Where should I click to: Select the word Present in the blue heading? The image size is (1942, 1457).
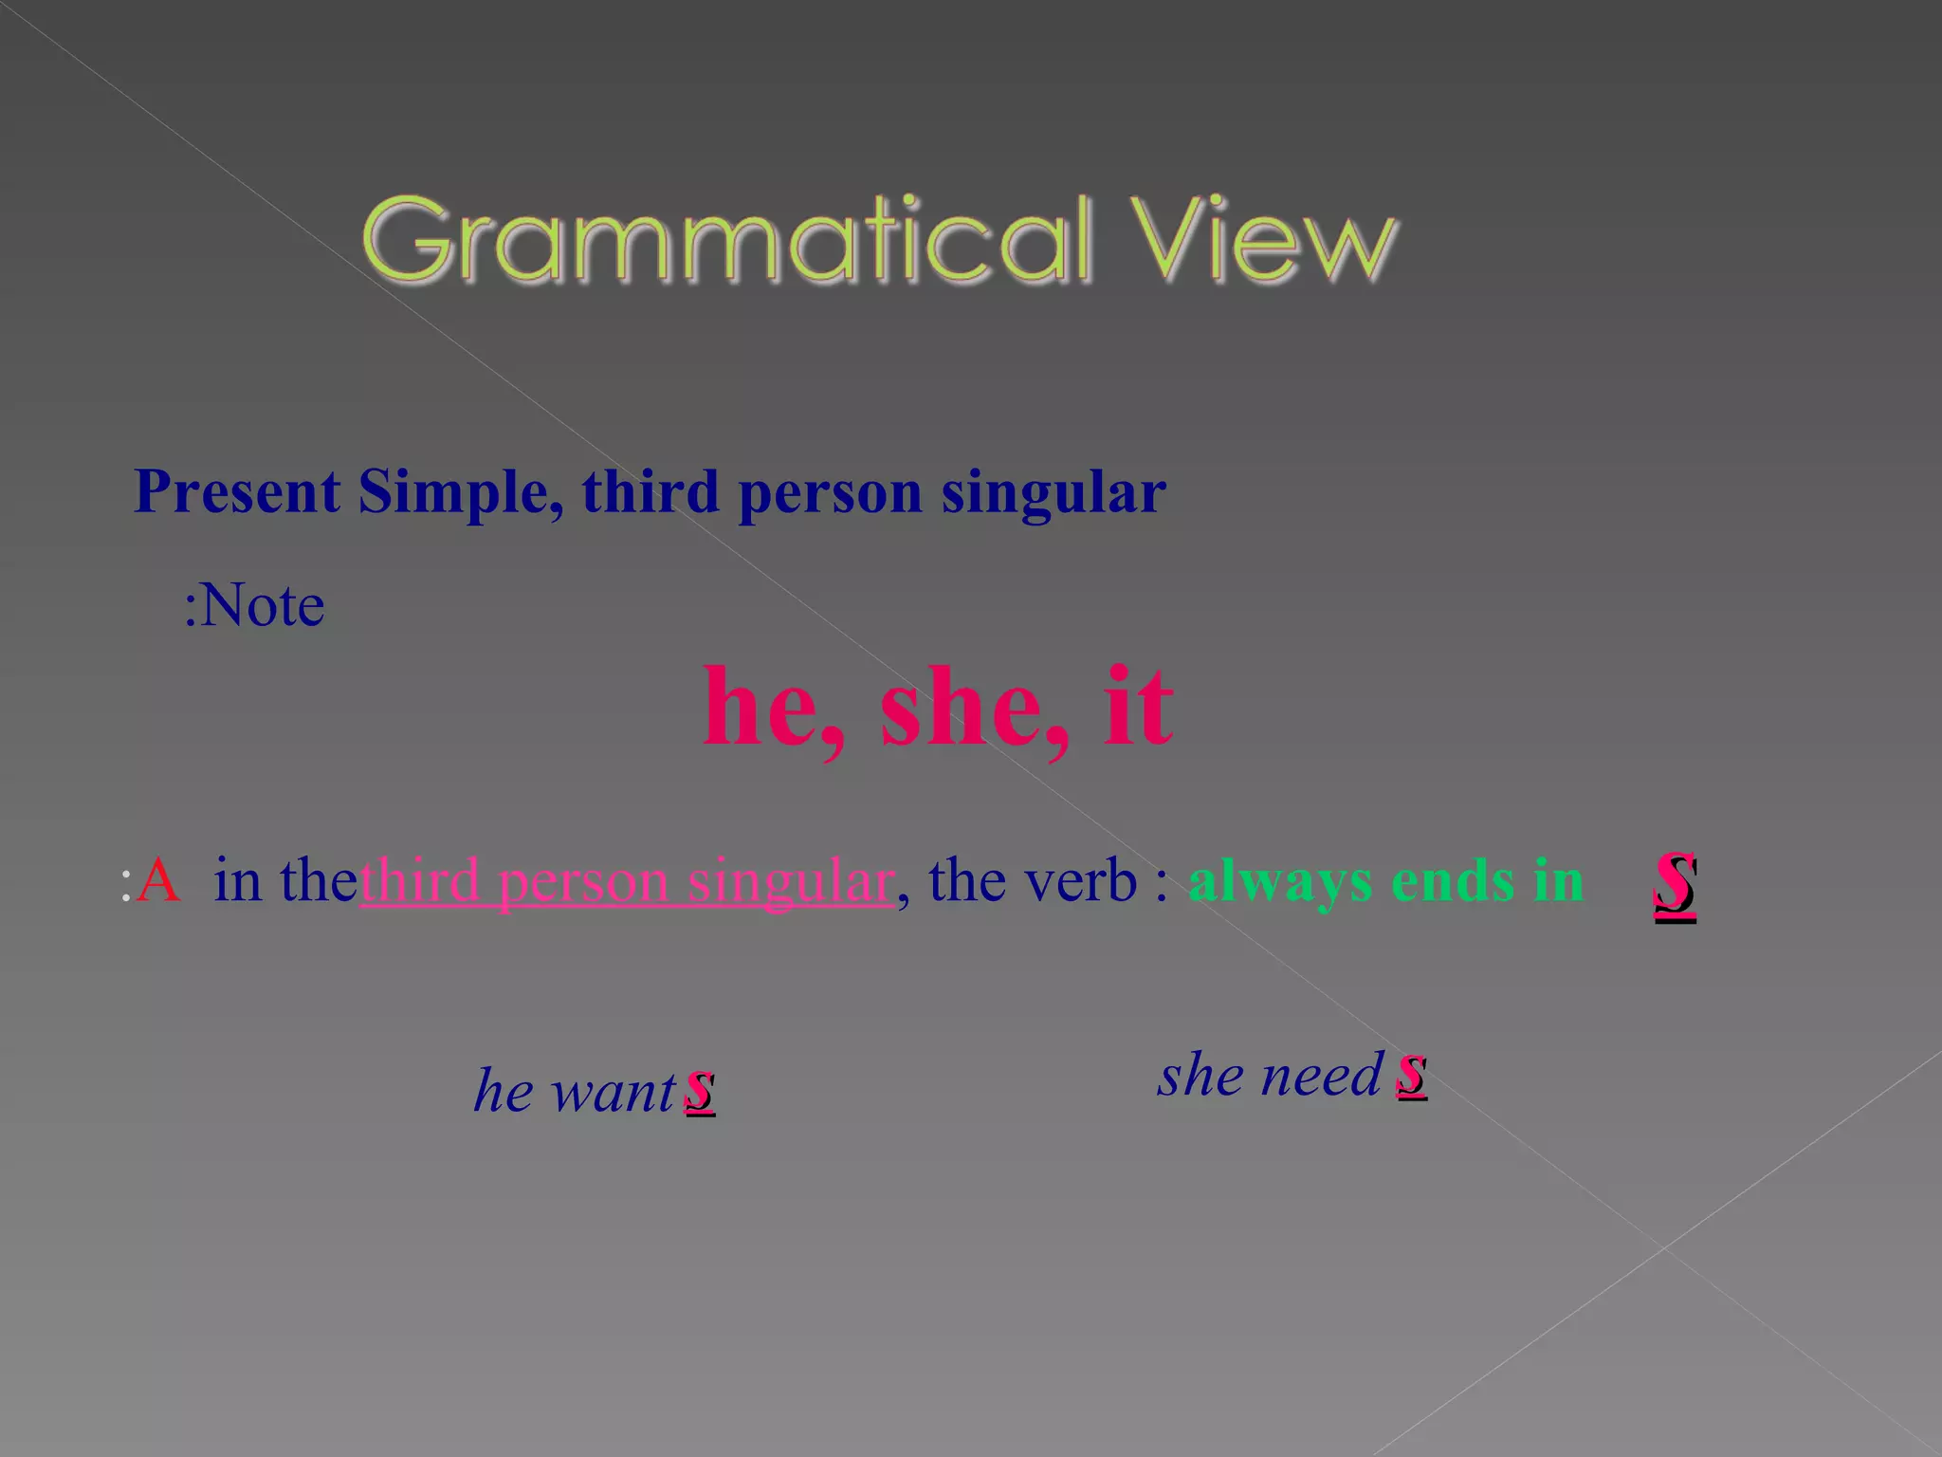point(237,492)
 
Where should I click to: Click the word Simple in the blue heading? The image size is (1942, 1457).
point(461,492)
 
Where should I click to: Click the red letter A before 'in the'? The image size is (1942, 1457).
point(157,880)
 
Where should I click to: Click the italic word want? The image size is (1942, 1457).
point(614,1091)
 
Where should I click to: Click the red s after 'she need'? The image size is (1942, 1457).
point(1411,1074)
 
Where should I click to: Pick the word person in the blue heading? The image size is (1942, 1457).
point(830,494)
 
